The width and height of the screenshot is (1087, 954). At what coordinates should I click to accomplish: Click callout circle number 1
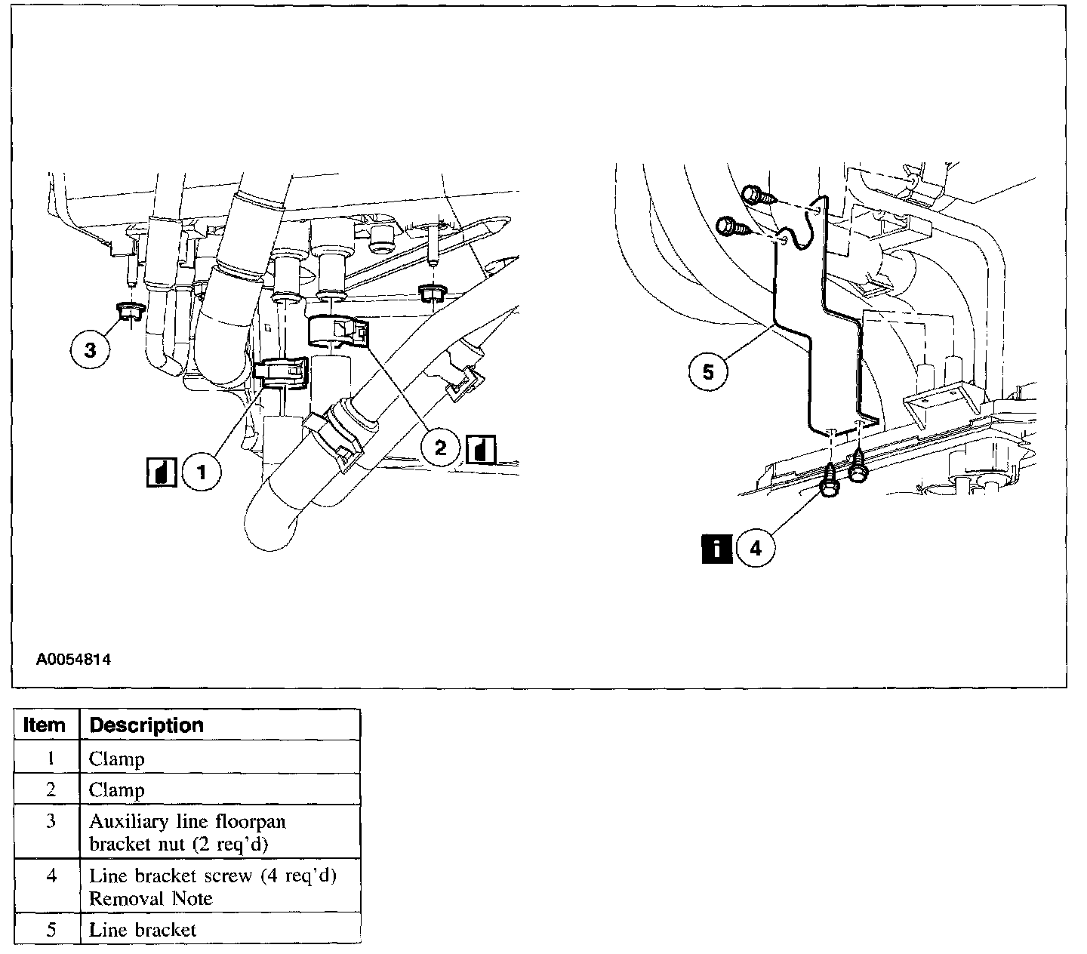[202, 472]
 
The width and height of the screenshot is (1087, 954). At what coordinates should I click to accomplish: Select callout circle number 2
[441, 448]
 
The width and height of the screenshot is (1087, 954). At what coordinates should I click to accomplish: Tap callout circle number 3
[91, 351]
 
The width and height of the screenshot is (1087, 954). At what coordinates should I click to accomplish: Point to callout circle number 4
[756, 548]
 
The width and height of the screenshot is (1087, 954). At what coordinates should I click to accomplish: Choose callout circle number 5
[708, 372]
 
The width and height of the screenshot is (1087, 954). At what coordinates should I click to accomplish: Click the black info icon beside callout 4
[716, 548]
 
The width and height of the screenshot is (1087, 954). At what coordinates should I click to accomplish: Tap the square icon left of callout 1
[162, 472]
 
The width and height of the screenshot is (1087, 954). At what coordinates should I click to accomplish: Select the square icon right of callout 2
[481, 450]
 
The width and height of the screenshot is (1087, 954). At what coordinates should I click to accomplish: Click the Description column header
[146, 725]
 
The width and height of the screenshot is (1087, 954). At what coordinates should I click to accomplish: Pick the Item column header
[45, 725]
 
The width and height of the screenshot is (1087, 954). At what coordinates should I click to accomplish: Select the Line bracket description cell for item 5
[143, 930]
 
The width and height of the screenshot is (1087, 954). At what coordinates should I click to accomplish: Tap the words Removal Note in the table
[151, 898]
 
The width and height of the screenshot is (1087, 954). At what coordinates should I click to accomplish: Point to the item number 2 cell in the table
[51, 789]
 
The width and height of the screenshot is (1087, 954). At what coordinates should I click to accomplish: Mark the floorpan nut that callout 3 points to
[130, 309]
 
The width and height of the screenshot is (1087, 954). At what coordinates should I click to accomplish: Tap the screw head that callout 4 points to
[827, 487]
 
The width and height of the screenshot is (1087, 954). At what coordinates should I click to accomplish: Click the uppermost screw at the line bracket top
[756, 195]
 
